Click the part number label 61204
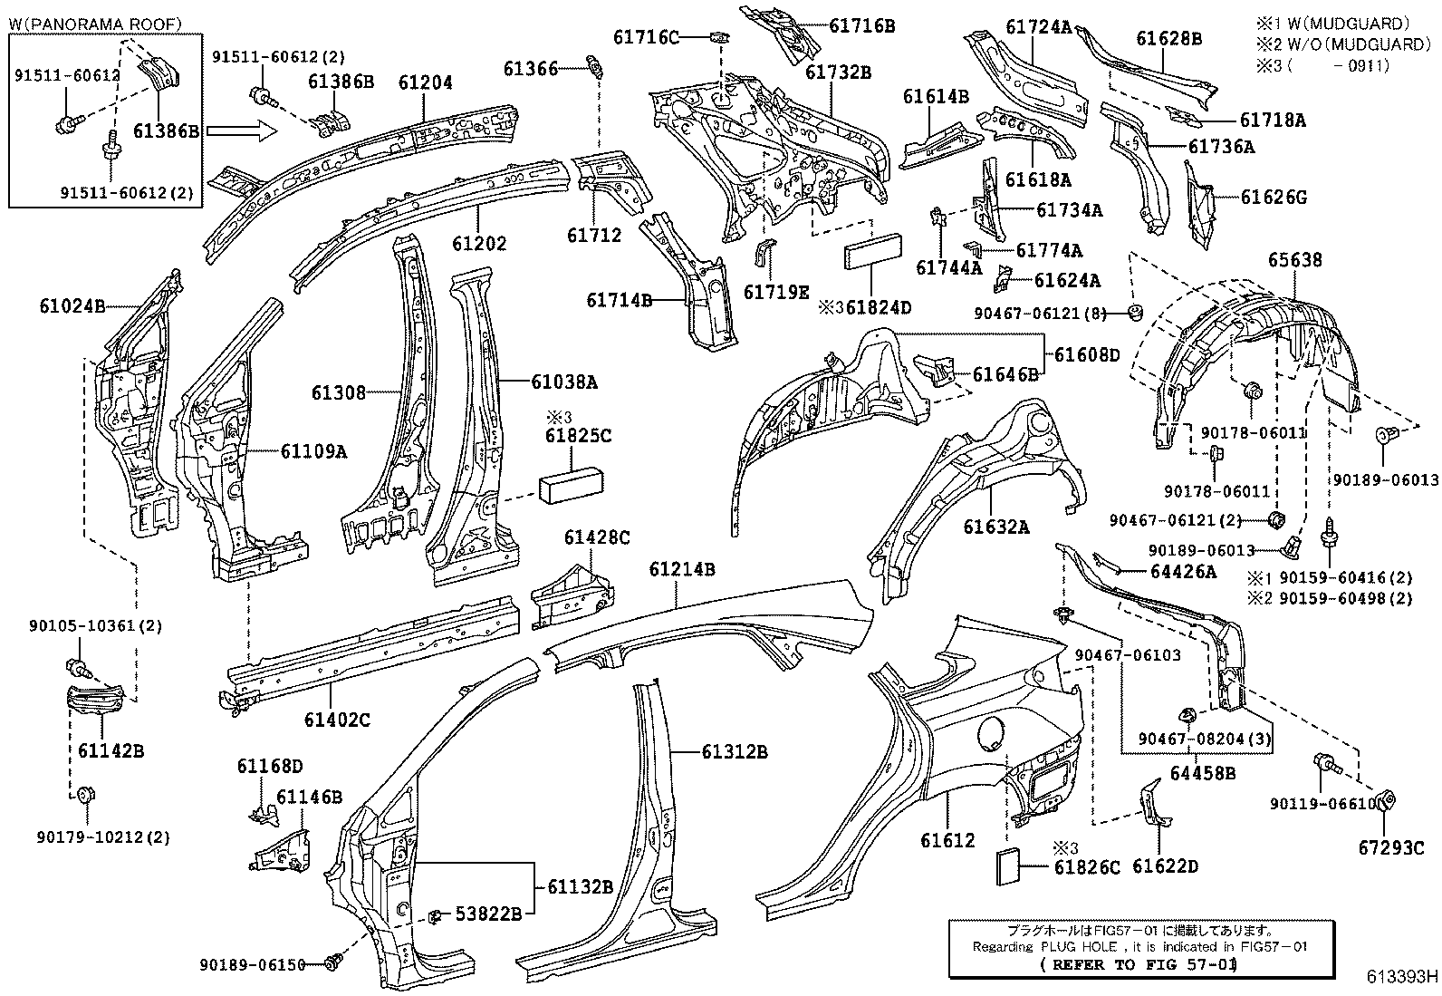(425, 82)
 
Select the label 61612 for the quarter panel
(947, 840)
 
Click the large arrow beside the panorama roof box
(241, 132)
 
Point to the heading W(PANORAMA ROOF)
(95, 24)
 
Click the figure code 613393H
(1402, 977)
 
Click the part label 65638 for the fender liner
(1294, 260)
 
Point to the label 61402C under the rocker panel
(337, 720)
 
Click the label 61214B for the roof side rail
(682, 569)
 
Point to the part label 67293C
(1391, 847)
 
